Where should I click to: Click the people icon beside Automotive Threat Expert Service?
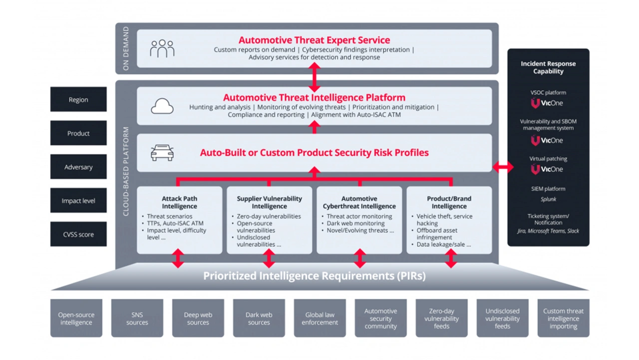click(162, 48)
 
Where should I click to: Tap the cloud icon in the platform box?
click(162, 106)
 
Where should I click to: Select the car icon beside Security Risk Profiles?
click(162, 153)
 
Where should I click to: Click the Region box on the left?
click(78, 99)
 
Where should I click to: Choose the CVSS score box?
click(78, 234)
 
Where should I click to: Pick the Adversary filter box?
click(78, 167)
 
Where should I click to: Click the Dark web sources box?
click(259, 319)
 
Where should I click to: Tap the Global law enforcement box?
click(319, 319)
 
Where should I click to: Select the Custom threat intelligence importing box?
click(563, 319)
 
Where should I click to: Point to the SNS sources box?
click(137, 319)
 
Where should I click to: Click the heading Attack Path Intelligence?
click(179, 202)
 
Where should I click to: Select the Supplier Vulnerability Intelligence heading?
click(269, 202)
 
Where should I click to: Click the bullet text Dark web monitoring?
click(355, 223)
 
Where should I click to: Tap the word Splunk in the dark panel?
click(548, 199)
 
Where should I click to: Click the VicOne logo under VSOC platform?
click(547, 103)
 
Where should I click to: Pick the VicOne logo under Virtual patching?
click(547, 169)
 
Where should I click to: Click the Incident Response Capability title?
click(548, 67)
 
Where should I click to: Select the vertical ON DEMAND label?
click(126, 48)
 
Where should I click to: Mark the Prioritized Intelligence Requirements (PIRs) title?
click(314, 276)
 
